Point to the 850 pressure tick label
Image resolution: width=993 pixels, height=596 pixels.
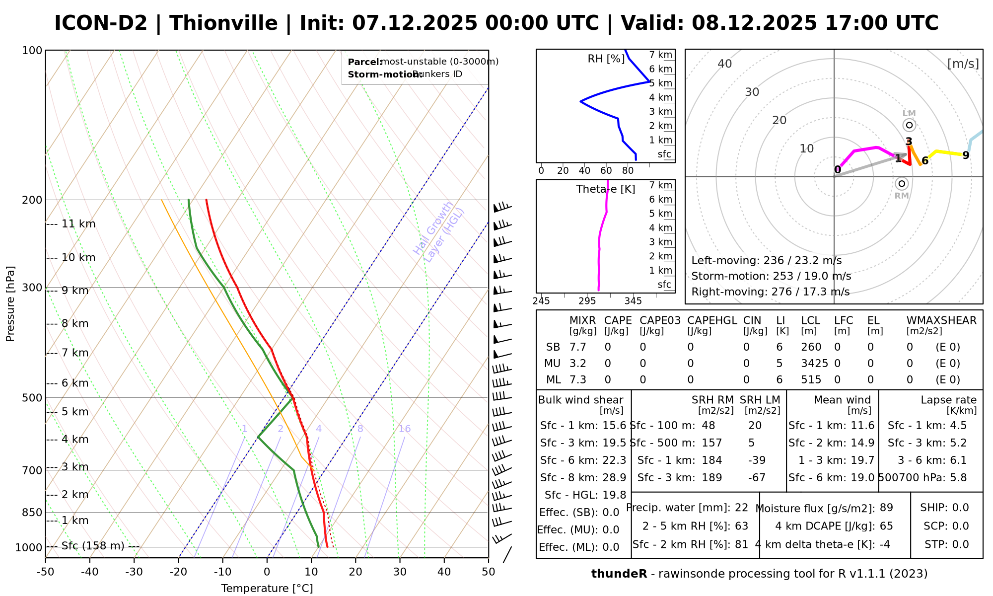pyautogui.click(x=32, y=513)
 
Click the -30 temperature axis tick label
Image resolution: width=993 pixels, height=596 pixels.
pyautogui.click(x=134, y=572)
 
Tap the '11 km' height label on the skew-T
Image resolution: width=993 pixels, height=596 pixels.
pyautogui.click(x=78, y=224)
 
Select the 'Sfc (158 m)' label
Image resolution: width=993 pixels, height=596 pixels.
pyautogui.click(x=93, y=546)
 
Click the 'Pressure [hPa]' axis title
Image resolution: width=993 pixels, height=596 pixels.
pyautogui.click(x=10, y=303)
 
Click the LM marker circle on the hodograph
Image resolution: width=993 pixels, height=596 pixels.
pyautogui.click(x=909, y=125)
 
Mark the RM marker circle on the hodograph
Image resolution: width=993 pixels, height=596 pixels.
pyautogui.click(x=902, y=184)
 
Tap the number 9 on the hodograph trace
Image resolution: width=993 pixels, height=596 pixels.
pyautogui.click(x=966, y=155)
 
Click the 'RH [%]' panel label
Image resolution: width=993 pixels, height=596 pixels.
pyautogui.click(x=606, y=59)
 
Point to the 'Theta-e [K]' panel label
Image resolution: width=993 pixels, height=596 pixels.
pyautogui.click(x=605, y=189)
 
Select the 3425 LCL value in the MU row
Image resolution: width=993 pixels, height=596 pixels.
pyautogui.click(x=814, y=364)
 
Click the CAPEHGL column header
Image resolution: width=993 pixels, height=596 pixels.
pyautogui.click(x=712, y=321)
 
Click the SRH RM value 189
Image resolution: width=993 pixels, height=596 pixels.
pyautogui.click(x=712, y=478)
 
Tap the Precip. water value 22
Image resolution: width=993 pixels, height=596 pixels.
pyautogui.click(x=741, y=508)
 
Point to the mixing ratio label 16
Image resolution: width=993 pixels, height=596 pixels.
pyautogui.click(x=405, y=429)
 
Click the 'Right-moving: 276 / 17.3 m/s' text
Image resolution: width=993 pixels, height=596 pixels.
pyautogui.click(x=770, y=292)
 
